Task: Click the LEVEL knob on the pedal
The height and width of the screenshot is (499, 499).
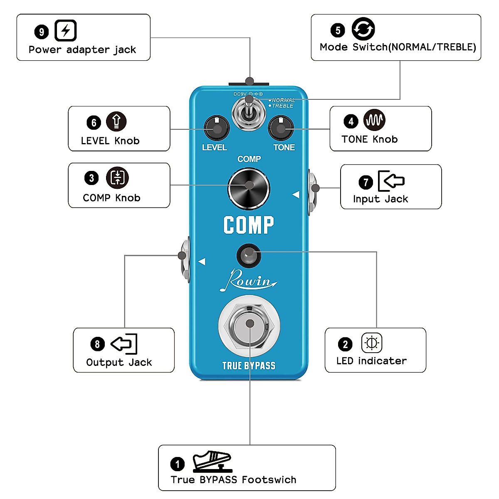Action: [217, 128]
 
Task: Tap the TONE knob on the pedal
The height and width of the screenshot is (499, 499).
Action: [281, 128]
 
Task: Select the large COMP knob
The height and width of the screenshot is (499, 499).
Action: [249, 188]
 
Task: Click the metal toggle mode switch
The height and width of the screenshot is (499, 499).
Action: [249, 110]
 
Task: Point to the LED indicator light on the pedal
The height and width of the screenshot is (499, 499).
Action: [249, 255]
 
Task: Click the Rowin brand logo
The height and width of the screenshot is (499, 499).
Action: [248, 281]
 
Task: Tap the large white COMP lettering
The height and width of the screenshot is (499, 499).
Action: [249, 225]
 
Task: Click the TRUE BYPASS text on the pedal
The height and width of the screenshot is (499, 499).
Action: [249, 366]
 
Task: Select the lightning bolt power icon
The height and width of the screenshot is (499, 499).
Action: [66, 31]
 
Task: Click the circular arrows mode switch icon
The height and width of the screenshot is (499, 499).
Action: [363, 29]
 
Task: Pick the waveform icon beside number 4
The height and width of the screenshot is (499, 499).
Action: [374, 120]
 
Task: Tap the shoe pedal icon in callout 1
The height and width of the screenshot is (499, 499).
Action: [212, 461]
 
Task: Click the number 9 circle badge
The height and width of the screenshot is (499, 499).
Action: [42, 32]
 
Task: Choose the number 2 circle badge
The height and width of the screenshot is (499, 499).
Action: [345, 344]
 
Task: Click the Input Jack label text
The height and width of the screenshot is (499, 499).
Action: [380, 199]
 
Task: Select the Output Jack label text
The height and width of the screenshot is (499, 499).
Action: [119, 363]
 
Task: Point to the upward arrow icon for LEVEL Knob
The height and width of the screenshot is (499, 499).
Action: [116, 121]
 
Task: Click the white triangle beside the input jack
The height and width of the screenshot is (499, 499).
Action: [296, 195]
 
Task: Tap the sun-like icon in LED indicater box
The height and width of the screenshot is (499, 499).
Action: [371, 343]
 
